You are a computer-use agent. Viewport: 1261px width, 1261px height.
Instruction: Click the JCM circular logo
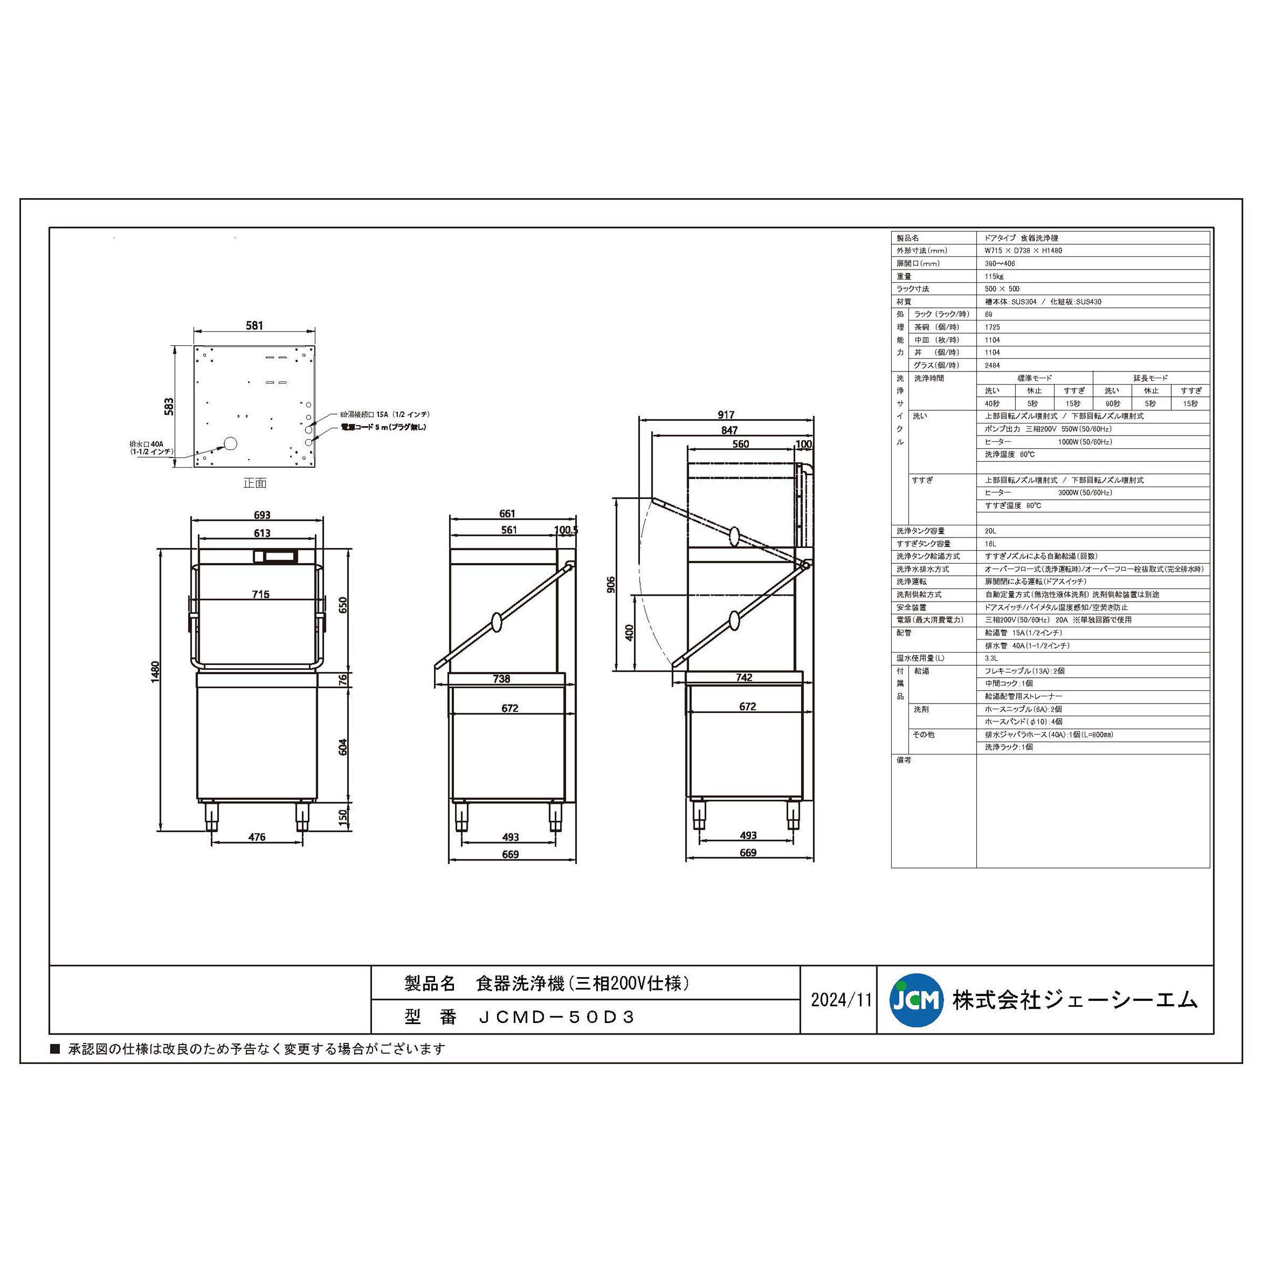pos(916,1000)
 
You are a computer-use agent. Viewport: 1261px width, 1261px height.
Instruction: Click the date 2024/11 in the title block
pos(841,1000)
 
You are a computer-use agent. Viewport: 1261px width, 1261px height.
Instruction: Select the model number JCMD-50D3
pos(555,1017)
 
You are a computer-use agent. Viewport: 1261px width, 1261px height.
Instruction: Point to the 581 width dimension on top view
pos(254,326)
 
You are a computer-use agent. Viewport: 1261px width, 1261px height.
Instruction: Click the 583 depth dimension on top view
pos(170,407)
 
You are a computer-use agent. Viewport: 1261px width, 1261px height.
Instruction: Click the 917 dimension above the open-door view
pos(726,415)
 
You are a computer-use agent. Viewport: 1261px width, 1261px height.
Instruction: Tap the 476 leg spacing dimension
pos(257,838)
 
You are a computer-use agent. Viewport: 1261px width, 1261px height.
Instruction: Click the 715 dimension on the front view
pos(261,594)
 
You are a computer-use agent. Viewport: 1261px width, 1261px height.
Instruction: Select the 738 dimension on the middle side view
pos(501,679)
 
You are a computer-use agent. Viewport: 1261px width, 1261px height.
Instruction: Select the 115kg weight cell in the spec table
pos(994,276)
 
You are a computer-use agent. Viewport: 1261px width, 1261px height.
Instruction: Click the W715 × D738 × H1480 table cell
pos(1023,251)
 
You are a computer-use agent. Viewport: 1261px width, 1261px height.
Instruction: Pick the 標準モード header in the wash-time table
pos(1035,378)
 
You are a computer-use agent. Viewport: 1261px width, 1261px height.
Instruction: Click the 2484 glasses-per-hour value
pos(992,366)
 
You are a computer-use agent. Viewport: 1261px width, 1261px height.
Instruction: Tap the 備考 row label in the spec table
pos(904,760)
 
